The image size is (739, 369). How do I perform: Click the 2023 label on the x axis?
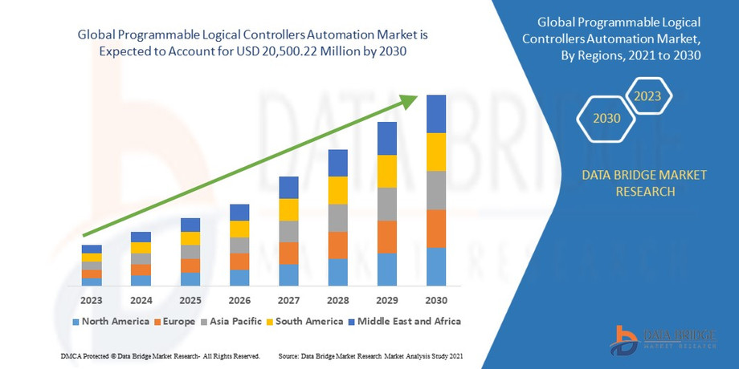point(92,301)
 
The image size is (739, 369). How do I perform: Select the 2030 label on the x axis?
point(436,301)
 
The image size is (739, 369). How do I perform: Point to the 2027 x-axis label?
point(288,301)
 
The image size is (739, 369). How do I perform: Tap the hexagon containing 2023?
point(647,96)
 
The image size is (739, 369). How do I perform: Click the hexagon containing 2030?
point(606,118)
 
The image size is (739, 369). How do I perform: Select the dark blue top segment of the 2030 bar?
point(436,114)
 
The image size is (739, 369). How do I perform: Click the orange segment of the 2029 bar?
point(387,237)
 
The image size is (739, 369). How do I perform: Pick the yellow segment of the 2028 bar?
point(337,190)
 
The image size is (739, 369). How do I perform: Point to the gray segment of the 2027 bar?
point(288,231)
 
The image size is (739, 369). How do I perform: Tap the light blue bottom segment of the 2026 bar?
point(239,278)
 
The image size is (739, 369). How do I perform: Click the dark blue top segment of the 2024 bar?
point(141,237)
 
